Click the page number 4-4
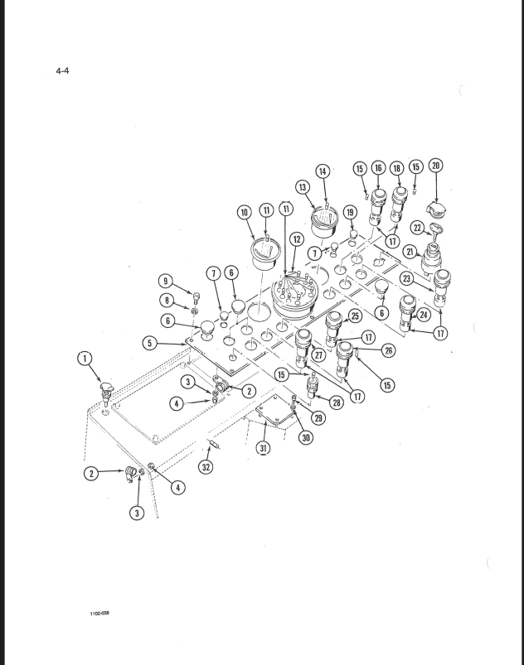pos(62,70)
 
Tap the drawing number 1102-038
pos(99,614)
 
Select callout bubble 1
pos(85,359)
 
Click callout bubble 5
pos(149,343)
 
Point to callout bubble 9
pos(166,281)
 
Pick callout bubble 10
pos(245,212)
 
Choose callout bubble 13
pos(303,187)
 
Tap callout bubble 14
pos(323,171)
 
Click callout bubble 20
pos(436,166)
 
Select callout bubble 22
pos(418,229)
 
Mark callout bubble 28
pos(337,402)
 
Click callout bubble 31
pos(264,447)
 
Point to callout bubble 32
pos(206,467)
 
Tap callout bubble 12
pos(297,239)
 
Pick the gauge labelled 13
pos(323,222)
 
